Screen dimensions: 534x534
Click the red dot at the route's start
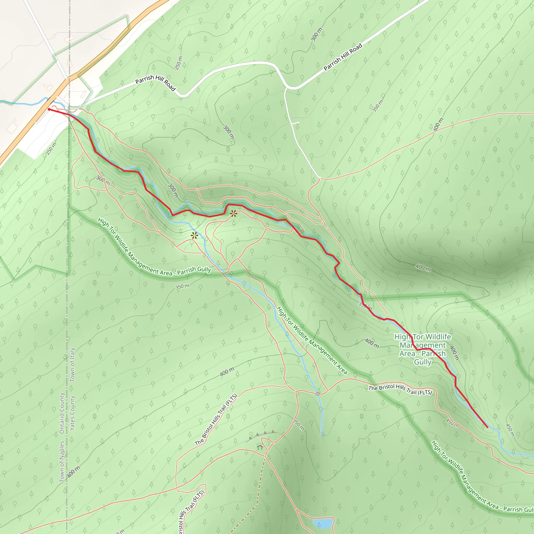tap(49, 110)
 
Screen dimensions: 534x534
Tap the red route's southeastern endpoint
tap(487, 427)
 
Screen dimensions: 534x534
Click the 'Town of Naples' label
tap(62, 461)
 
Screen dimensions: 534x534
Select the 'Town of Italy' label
tap(72, 365)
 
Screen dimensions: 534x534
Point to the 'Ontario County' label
tap(62, 413)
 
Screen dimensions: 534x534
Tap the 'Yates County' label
tap(72, 413)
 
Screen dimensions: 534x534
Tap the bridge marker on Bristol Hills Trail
tap(318, 393)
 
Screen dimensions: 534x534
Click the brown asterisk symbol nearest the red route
tap(234, 213)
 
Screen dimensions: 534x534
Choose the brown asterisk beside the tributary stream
tap(195, 235)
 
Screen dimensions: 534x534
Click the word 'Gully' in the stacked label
tap(423, 362)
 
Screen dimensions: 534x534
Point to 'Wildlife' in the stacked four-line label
tap(437, 337)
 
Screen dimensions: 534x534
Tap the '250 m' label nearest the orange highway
tap(51, 149)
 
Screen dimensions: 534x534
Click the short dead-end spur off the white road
tap(296, 123)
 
